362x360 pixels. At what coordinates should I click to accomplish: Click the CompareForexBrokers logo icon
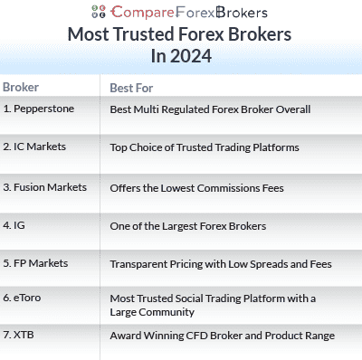coord(100,13)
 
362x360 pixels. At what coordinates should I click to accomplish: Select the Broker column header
coord(21,88)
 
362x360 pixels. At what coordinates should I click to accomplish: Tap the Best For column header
coord(131,89)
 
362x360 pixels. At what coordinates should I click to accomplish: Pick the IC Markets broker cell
coord(34,147)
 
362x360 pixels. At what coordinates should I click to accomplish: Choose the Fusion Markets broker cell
coord(44,187)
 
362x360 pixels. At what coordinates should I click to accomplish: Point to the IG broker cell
coord(14,224)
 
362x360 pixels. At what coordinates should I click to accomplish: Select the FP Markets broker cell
coord(35,263)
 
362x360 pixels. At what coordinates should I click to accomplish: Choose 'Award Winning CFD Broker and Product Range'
coord(222,336)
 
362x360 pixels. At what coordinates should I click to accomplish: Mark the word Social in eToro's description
coord(204,298)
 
